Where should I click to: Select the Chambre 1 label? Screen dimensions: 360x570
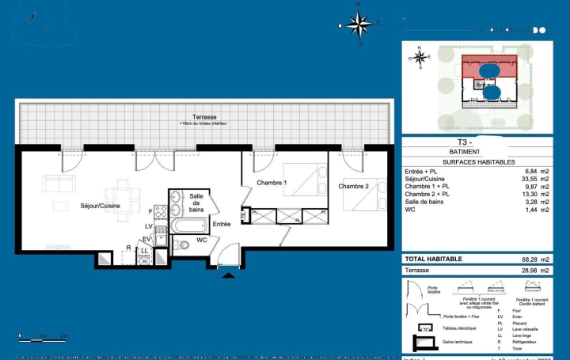tap(271, 184)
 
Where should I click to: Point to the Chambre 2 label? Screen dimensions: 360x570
tap(353, 187)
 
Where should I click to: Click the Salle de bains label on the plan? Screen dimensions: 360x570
tap(196, 203)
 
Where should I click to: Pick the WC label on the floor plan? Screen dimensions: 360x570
tap(202, 240)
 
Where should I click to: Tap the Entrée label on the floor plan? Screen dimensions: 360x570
tap(222, 225)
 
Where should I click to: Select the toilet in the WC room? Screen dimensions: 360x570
tap(182, 246)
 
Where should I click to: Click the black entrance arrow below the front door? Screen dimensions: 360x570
tap(230, 275)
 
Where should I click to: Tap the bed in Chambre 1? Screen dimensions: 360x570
tap(299, 182)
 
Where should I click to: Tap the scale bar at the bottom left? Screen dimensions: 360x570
tap(44, 338)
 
